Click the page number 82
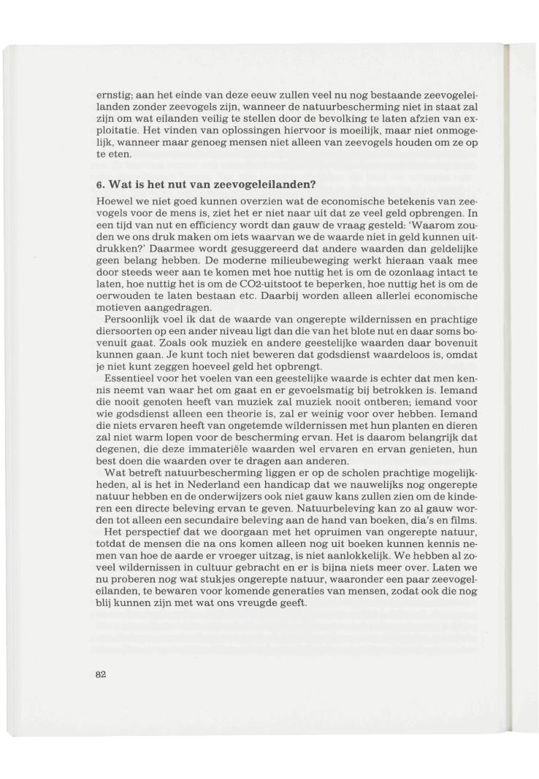click(102, 674)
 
